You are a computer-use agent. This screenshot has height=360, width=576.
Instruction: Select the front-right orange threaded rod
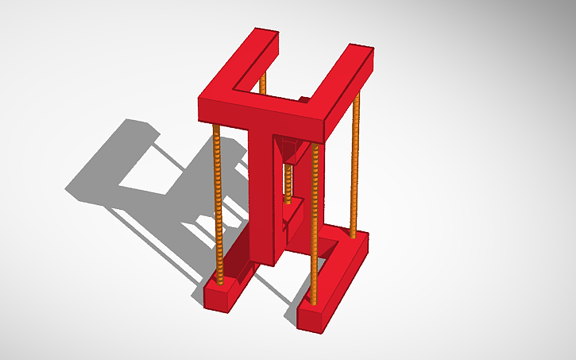tap(315, 215)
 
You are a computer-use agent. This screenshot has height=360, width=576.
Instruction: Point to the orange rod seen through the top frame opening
tap(263, 83)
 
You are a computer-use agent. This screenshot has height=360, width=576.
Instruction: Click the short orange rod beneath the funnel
tap(289, 183)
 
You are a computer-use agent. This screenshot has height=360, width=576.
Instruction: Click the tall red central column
tap(261, 191)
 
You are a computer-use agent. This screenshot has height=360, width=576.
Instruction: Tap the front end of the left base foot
tap(216, 297)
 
